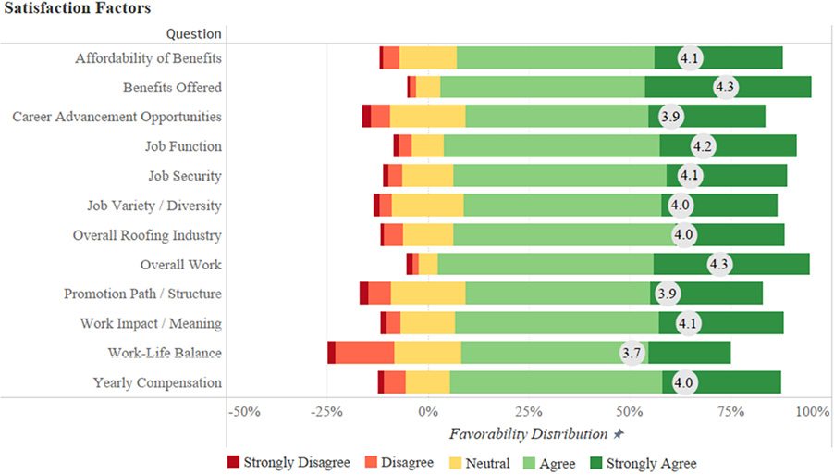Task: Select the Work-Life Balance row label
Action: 165,354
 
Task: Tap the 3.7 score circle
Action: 632,354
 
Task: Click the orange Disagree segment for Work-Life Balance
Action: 364,354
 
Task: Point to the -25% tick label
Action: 326,411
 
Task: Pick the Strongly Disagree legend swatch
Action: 232,462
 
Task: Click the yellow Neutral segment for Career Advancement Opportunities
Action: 427,117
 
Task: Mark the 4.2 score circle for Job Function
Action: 702,146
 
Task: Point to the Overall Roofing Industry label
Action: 147,235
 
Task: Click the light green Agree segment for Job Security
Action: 559,176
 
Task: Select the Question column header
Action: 193,33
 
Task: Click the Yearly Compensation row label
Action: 157,383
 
